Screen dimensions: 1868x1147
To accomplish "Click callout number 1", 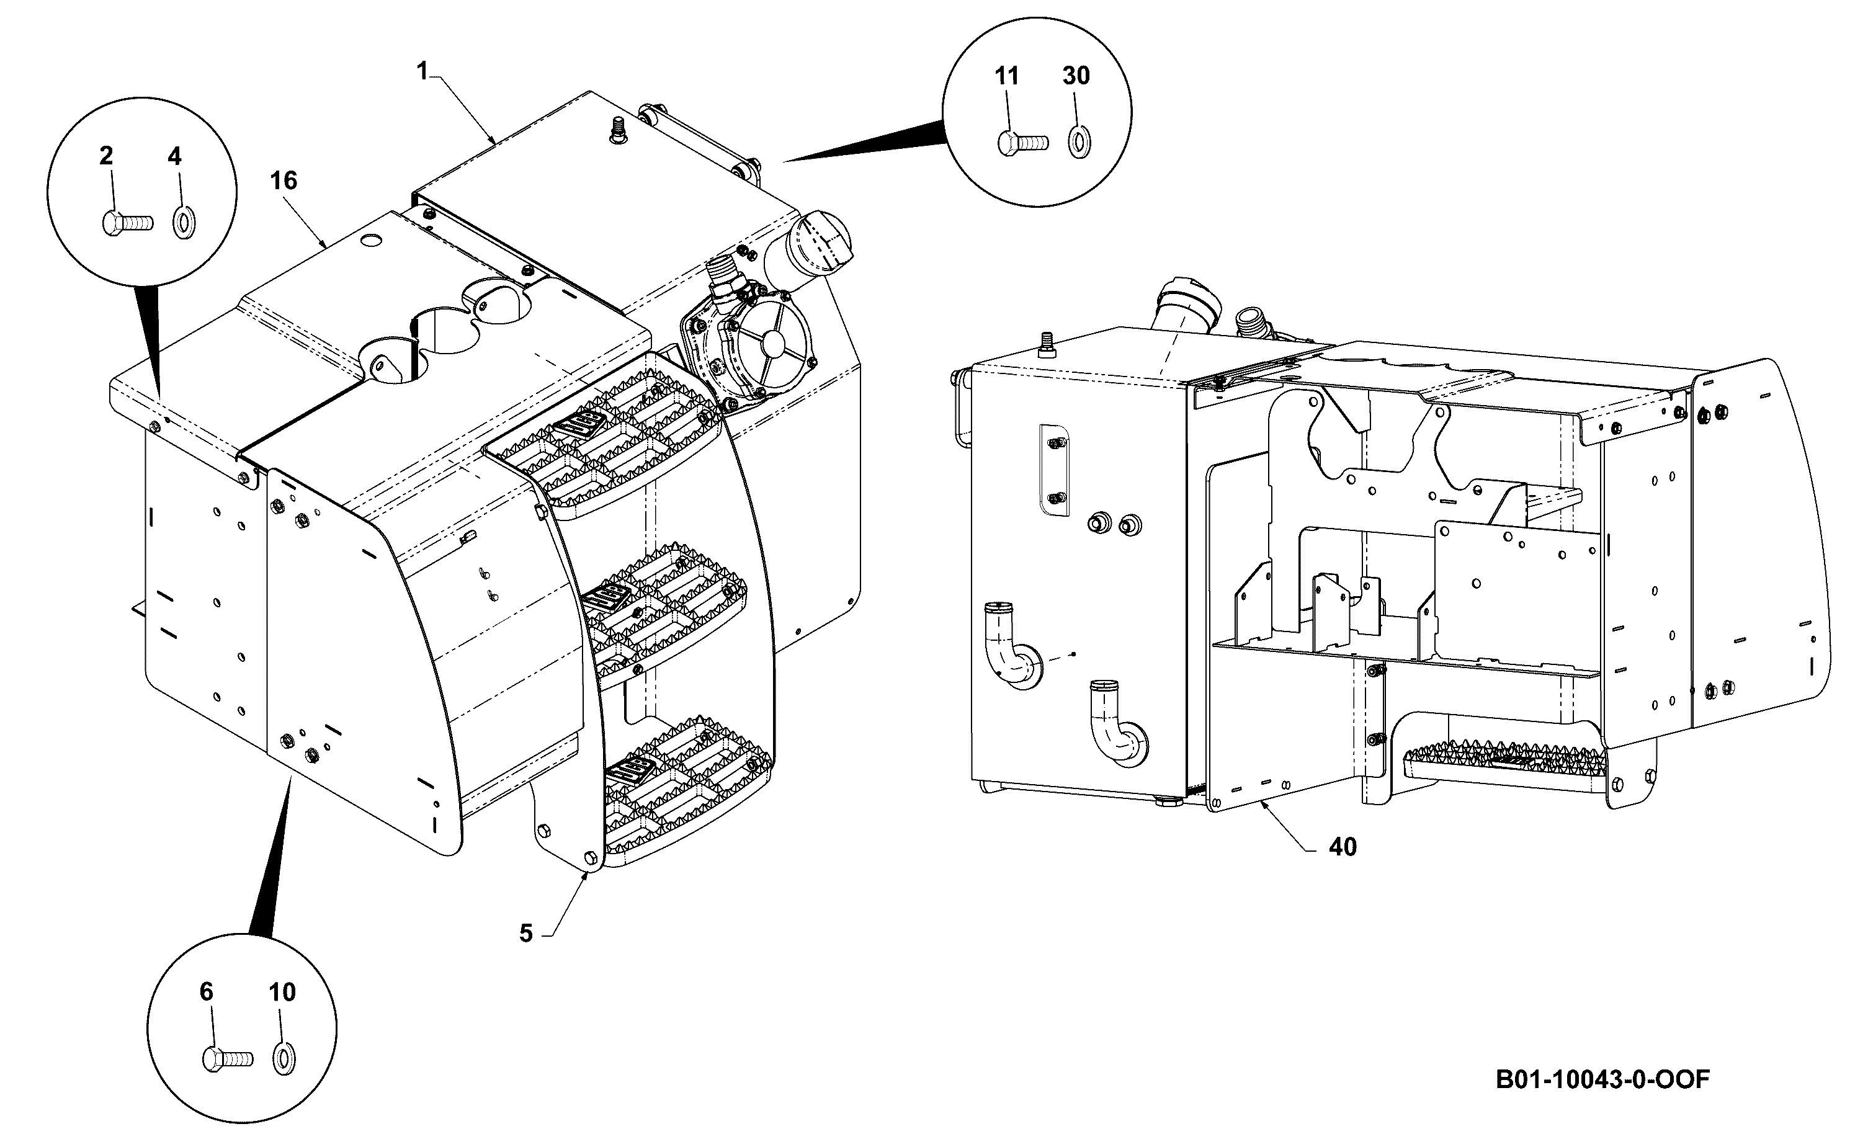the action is click(422, 71).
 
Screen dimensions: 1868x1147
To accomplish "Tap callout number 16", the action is click(284, 181).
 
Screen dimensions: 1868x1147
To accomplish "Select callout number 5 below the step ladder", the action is click(526, 933).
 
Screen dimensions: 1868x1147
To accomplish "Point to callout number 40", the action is click(1343, 847).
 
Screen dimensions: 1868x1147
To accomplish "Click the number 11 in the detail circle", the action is click(1006, 76).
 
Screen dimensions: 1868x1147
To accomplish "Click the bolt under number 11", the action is click(1022, 143).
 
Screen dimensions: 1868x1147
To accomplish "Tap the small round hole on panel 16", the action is click(372, 241).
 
